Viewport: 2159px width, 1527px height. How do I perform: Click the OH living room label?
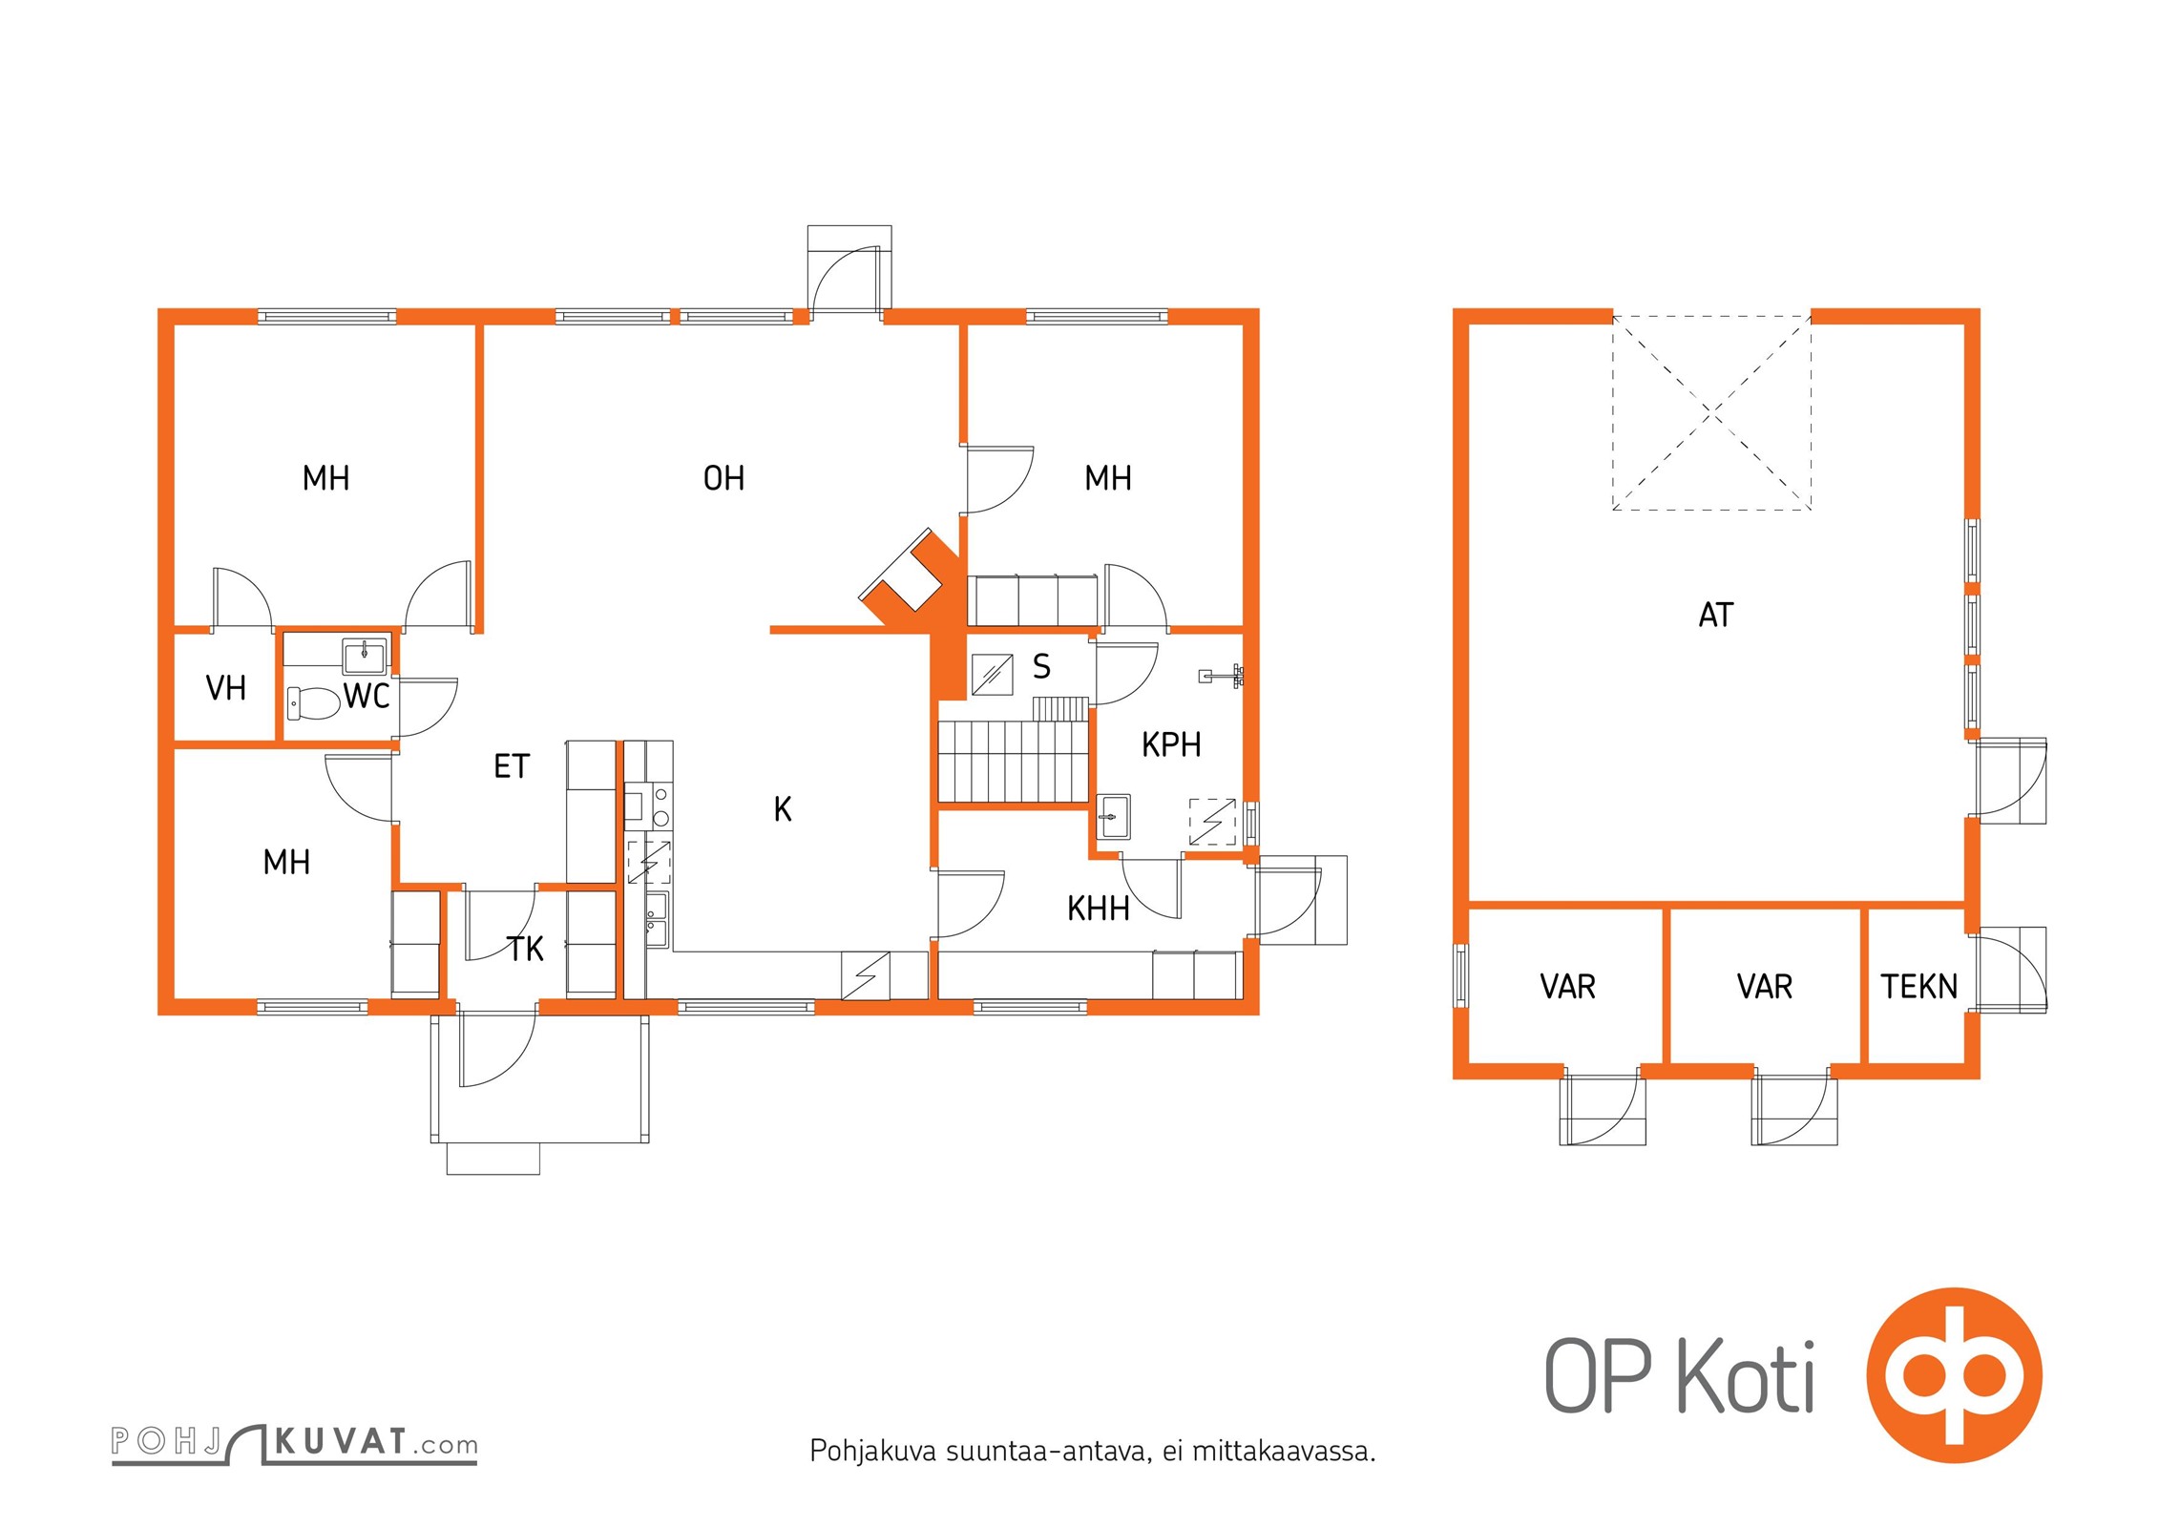pyautogui.click(x=723, y=478)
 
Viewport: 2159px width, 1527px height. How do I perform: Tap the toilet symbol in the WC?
pyautogui.click(x=313, y=703)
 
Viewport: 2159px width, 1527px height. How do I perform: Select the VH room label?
pyautogui.click(x=226, y=688)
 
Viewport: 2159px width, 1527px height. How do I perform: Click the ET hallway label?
pyautogui.click(x=512, y=766)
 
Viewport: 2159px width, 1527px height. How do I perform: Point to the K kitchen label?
pyautogui.click(x=783, y=809)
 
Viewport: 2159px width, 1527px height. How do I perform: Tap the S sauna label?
pyautogui.click(x=1041, y=666)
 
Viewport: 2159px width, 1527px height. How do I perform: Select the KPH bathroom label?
pyautogui.click(x=1171, y=744)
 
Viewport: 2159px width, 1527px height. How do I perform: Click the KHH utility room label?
pyautogui.click(x=1099, y=909)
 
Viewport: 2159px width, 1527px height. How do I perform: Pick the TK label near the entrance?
pyautogui.click(x=526, y=949)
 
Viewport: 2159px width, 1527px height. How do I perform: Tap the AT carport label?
pyautogui.click(x=1715, y=615)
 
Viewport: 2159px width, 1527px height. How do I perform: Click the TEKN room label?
pyautogui.click(x=1918, y=986)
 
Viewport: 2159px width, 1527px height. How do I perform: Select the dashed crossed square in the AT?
pyautogui.click(x=1711, y=412)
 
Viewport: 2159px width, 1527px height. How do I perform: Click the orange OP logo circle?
pyautogui.click(x=1954, y=1375)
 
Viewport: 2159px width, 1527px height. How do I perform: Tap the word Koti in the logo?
pyautogui.click(x=1746, y=1375)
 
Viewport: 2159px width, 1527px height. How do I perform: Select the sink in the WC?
pyautogui.click(x=365, y=657)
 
